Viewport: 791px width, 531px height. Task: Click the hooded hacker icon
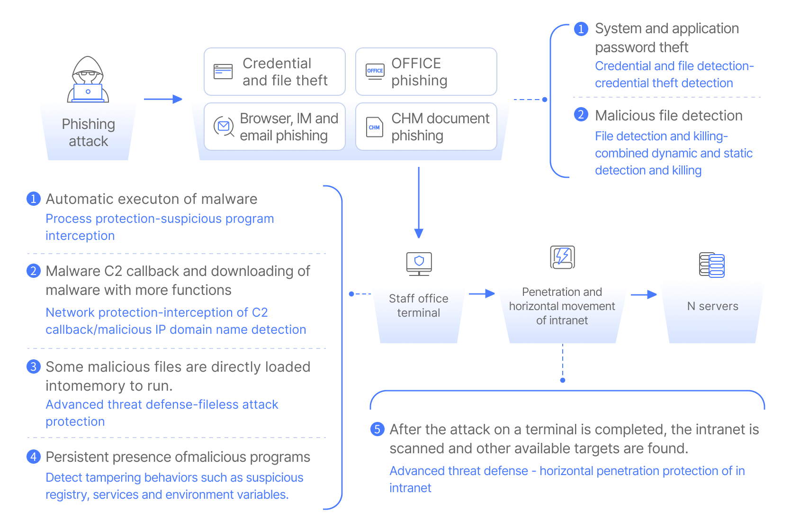[x=88, y=79]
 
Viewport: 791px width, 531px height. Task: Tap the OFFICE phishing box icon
[x=375, y=72]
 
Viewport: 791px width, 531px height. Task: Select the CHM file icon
[x=374, y=127]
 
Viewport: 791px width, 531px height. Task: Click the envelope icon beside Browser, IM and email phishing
[x=224, y=126]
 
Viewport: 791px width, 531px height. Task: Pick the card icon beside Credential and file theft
[x=223, y=72]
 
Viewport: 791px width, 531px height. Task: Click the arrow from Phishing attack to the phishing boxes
[x=163, y=99]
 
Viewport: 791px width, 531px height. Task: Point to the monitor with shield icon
[x=419, y=263]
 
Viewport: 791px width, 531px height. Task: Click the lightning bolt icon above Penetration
[x=562, y=257]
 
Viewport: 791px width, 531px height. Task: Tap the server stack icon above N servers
[x=712, y=265]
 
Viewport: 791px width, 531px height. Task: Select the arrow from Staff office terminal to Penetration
[x=481, y=294]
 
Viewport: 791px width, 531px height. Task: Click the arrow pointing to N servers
[x=644, y=294]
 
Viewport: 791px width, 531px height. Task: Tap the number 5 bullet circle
[x=377, y=430]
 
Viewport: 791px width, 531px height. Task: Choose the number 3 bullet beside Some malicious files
[x=33, y=366]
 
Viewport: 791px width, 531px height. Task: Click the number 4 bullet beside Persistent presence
[x=33, y=457]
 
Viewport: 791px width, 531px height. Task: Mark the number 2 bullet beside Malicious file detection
[x=581, y=115]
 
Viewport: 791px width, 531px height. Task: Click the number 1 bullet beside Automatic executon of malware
[x=33, y=199]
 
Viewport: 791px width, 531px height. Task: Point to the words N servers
[x=712, y=306]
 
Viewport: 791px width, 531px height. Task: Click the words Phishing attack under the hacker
[x=89, y=132]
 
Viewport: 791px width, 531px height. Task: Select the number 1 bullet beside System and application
[x=581, y=28]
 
